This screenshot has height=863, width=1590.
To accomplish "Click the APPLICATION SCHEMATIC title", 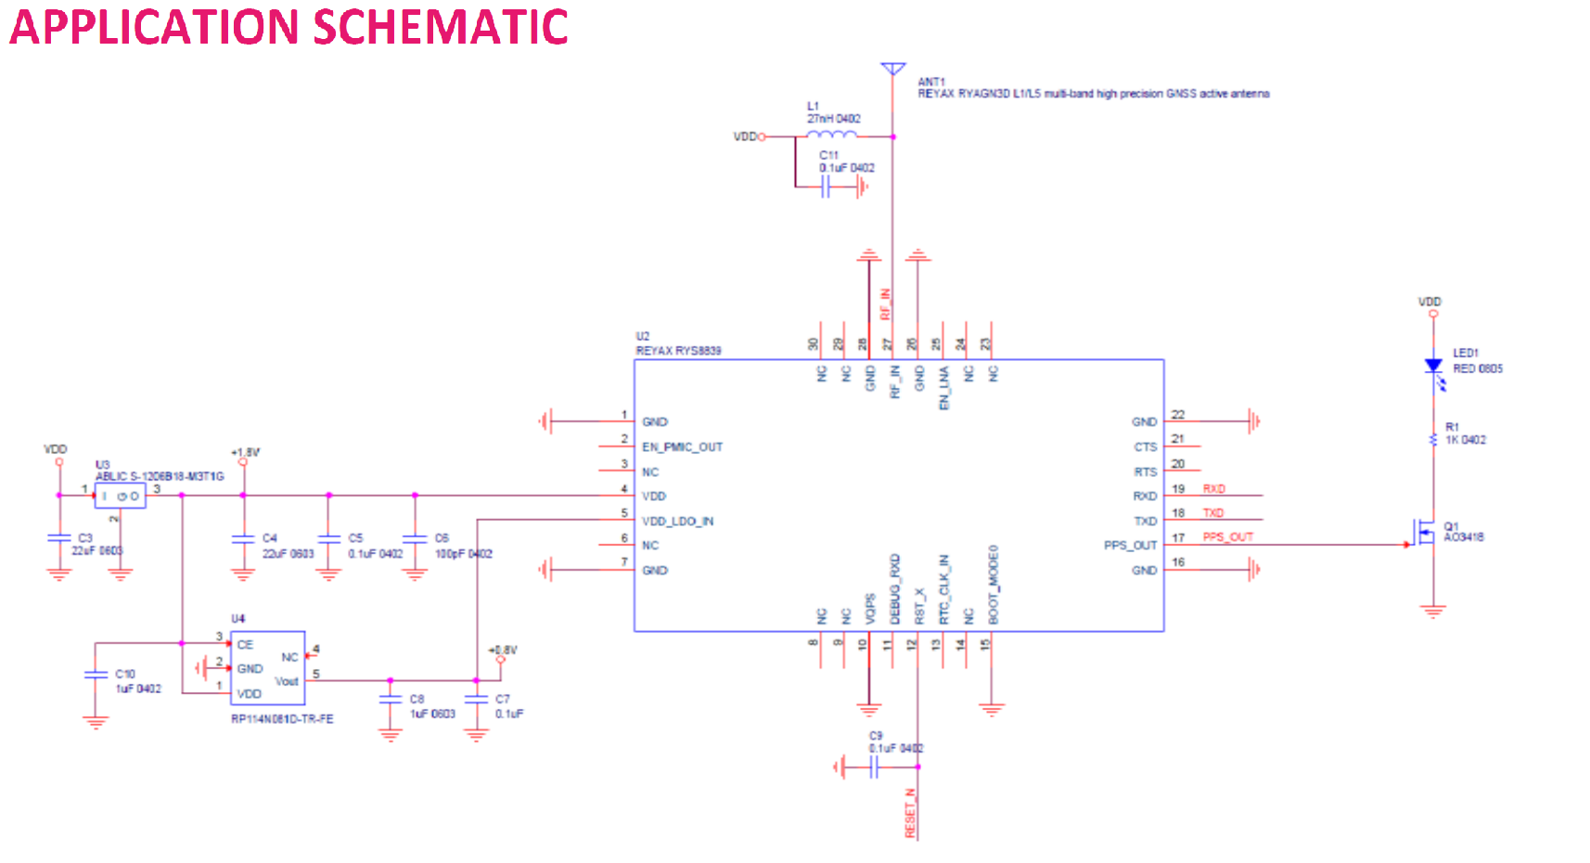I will click(x=289, y=27).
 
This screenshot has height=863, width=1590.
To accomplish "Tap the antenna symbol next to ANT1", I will click(x=892, y=70).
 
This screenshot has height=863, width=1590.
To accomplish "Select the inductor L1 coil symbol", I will click(x=832, y=135).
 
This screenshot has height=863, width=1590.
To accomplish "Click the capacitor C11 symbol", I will click(x=826, y=187).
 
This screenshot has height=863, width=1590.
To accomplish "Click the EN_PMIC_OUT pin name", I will click(x=682, y=447).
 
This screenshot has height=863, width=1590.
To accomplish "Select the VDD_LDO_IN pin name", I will click(x=677, y=522).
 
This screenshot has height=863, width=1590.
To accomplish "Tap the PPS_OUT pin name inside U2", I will click(x=1130, y=546).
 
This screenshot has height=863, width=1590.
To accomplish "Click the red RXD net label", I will click(x=1213, y=489).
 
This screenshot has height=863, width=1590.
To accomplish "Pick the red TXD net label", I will click(x=1212, y=513).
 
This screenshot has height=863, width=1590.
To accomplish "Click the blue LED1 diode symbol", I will click(x=1433, y=367).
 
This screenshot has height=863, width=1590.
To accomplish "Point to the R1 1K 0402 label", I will click(x=1465, y=434).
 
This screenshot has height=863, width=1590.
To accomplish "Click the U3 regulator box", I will click(x=121, y=496).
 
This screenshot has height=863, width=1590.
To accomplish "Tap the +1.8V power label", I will click(x=246, y=453).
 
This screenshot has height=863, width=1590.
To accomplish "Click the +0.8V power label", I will click(x=504, y=650).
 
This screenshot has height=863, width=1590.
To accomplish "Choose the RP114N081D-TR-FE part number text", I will click(x=282, y=719).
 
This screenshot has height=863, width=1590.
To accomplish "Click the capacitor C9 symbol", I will click(x=873, y=767).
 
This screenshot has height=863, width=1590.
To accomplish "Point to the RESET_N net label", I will click(x=910, y=813).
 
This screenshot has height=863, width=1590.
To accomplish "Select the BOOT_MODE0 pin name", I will click(x=993, y=585).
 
